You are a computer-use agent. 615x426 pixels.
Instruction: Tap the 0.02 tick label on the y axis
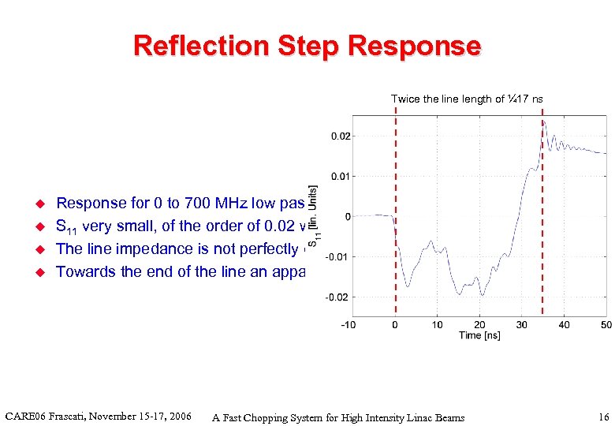tap(341, 136)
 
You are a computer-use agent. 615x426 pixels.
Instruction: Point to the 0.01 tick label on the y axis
tap(341, 176)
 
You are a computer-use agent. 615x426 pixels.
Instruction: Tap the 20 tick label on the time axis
tap(479, 325)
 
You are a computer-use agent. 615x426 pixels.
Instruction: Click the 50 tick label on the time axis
tap(606, 325)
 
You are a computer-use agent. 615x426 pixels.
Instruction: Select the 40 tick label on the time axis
tap(564, 325)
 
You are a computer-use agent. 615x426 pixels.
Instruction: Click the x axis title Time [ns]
tap(479, 336)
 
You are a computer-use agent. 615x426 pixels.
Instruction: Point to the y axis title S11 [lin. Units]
tap(314, 217)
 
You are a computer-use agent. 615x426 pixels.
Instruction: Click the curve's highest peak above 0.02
tap(543, 123)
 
